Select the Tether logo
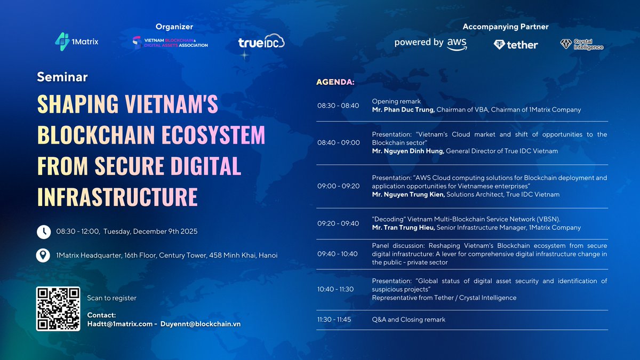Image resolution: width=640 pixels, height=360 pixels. coord(516,45)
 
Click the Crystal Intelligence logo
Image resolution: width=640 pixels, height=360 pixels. coord(582,44)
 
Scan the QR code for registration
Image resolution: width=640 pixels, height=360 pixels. coord(57,308)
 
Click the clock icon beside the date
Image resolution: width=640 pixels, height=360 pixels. coord(44,231)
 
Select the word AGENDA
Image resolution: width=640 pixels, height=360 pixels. coord(335,83)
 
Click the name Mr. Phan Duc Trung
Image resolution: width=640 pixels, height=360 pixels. coord(403,110)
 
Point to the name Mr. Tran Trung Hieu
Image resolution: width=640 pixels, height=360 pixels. coord(403,228)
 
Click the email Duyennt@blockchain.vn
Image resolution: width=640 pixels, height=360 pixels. coord(197,324)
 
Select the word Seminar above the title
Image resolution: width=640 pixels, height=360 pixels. coord(62,77)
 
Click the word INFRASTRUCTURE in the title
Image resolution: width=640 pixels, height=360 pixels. coord(117,196)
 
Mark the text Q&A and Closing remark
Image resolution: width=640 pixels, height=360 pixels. coord(409,319)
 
